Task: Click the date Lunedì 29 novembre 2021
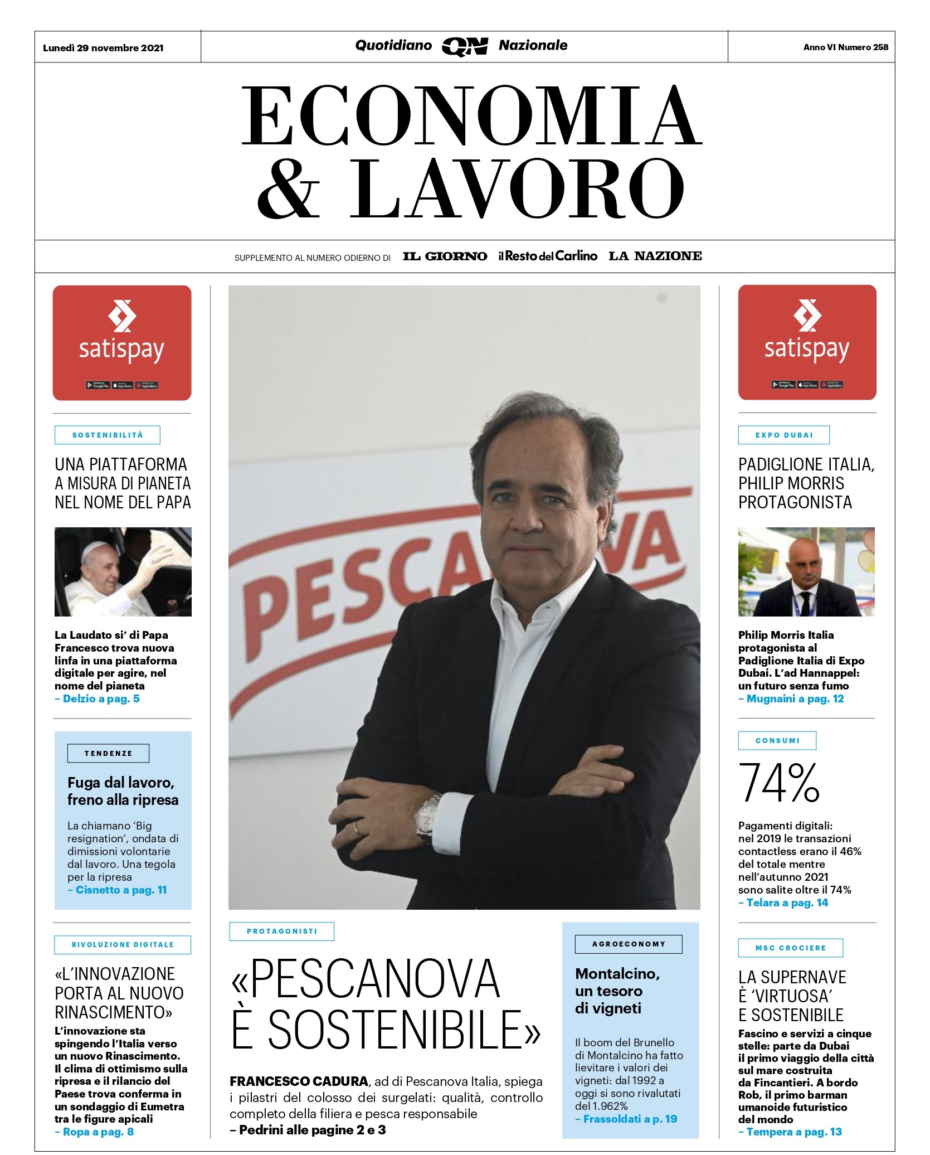coord(103,48)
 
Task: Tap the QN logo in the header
coord(465,47)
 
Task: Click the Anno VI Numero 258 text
coord(845,47)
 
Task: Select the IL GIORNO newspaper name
coord(445,256)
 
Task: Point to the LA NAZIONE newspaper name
coord(655,256)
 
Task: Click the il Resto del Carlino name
coord(547,256)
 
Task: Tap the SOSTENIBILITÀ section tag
coord(108,435)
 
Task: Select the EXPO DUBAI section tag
coord(783,435)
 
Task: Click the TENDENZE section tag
coord(108,753)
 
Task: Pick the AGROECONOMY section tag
coord(629,944)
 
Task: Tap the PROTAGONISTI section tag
coord(281,931)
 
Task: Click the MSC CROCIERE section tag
coord(790,948)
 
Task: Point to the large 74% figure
coord(778,783)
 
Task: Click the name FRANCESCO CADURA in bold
coord(299,1081)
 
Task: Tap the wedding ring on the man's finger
coord(357,828)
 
